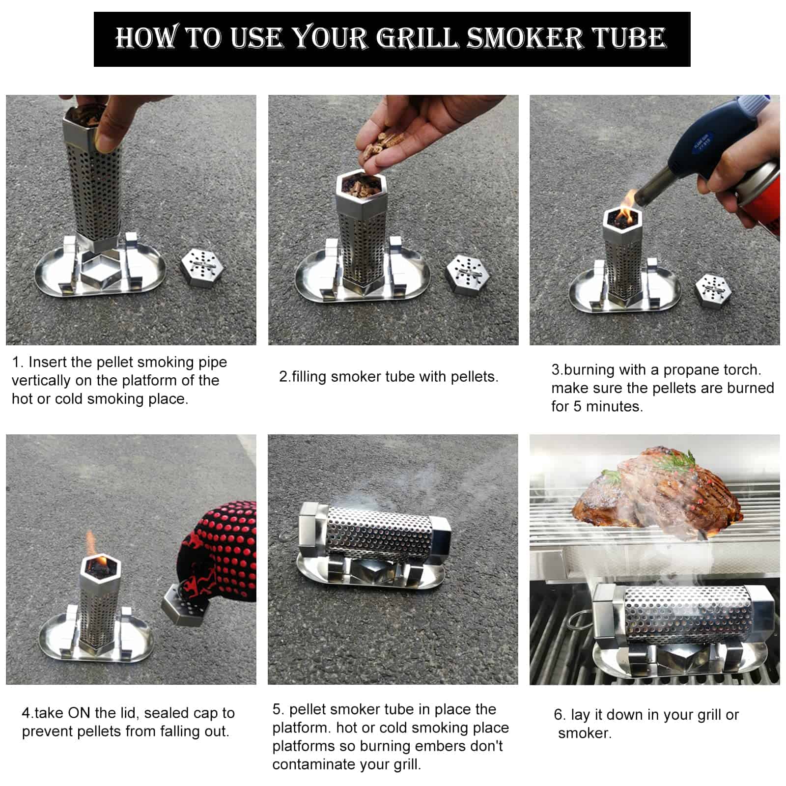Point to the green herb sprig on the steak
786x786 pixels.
(680, 462)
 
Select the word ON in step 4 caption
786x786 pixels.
(79, 713)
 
